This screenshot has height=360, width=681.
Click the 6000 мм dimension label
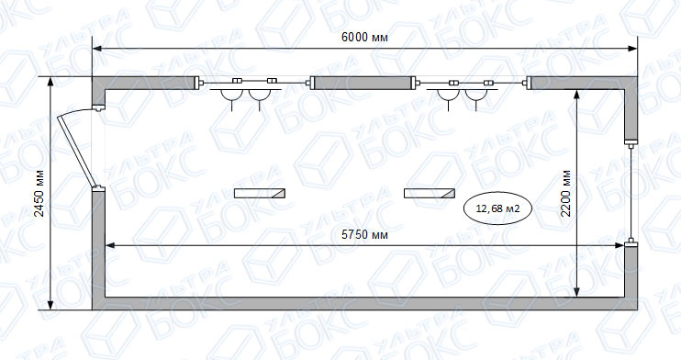364,38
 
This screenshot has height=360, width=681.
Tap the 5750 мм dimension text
364,235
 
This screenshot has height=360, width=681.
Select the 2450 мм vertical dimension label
39,194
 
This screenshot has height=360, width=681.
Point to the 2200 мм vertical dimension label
565,194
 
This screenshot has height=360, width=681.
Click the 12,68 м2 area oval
497,208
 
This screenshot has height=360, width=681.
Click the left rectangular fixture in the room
260,193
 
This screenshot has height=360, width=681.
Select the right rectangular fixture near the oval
430,193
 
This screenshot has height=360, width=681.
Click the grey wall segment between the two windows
363,83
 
